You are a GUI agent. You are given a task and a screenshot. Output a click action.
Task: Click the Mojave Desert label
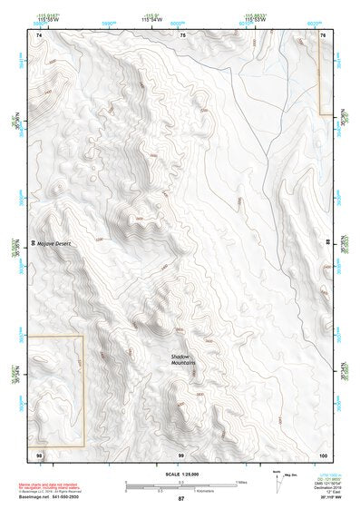pyautogui.click(x=54, y=244)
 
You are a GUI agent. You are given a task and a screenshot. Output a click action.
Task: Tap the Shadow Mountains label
pyautogui.click(x=184, y=359)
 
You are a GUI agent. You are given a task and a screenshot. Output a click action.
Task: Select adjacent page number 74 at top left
pyautogui.click(x=38, y=34)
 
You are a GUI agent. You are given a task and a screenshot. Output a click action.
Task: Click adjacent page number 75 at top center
pyautogui.click(x=182, y=34)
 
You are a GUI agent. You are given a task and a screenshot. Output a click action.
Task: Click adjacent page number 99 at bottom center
pyautogui.click(x=181, y=453)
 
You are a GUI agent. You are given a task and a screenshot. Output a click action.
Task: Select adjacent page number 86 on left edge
pyautogui.click(x=35, y=242)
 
